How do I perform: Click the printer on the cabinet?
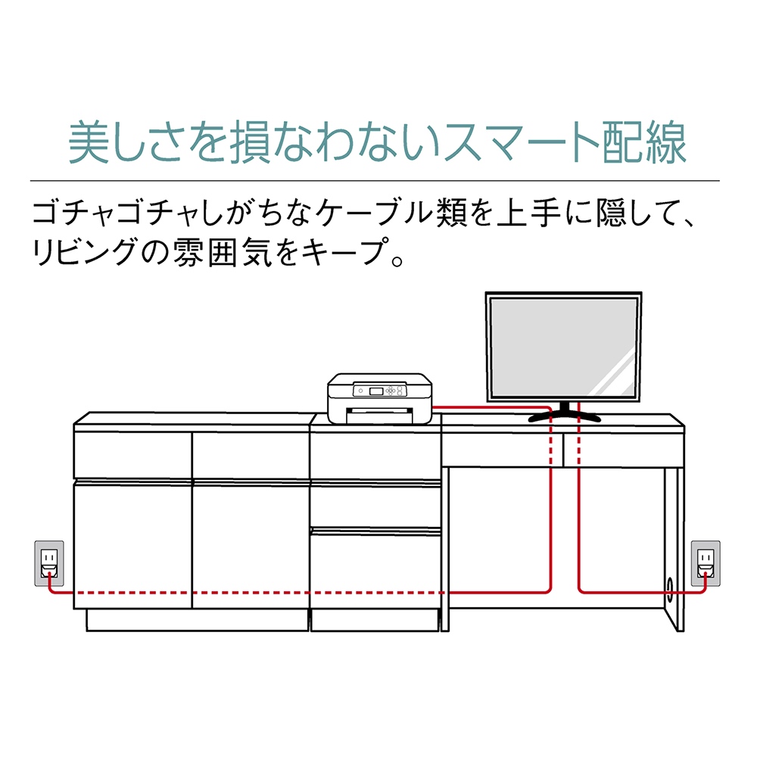tap(378, 398)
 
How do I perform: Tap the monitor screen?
tap(563, 348)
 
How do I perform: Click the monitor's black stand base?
tap(563, 415)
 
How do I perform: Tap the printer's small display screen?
tap(376, 391)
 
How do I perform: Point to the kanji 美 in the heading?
tap(89, 142)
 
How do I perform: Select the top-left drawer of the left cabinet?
tap(132, 454)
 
